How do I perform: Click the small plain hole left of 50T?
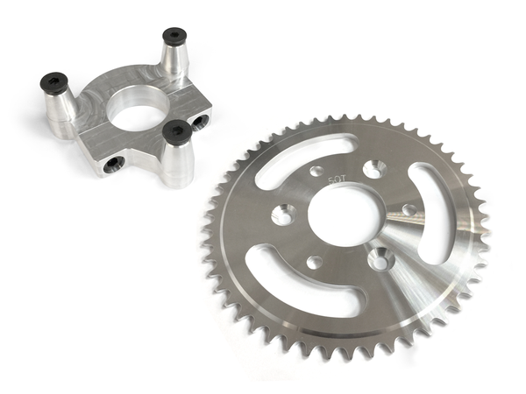click(317, 171)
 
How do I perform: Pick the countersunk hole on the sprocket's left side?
click(283, 215)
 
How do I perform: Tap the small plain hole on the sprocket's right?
click(409, 210)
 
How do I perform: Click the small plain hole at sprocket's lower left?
click(313, 262)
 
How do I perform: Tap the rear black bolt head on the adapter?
click(174, 38)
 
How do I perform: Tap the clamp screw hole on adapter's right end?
click(202, 119)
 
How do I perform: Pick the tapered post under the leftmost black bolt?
click(60, 109)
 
